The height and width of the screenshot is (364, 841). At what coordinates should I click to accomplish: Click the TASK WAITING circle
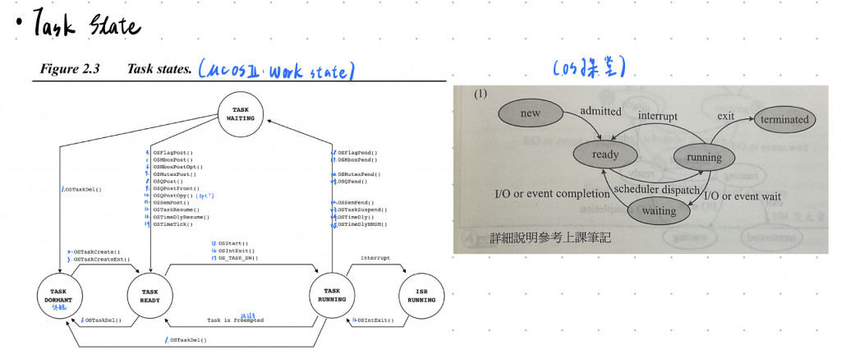(241, 114)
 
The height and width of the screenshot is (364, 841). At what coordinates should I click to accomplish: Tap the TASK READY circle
(149, 296)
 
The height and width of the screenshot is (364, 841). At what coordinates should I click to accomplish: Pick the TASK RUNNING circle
(332, 296)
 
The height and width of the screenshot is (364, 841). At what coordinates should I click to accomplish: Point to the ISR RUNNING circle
(421, 296)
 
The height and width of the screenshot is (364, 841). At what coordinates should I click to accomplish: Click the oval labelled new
(531, 113)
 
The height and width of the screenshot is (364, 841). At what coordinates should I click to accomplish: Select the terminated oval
(784, 120)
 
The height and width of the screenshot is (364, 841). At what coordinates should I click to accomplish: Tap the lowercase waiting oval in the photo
(659, 210)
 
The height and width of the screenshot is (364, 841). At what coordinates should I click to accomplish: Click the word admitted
(600, 110)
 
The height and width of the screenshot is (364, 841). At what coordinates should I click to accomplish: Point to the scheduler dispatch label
(657, 190)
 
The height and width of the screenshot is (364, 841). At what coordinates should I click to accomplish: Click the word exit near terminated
(725, 116)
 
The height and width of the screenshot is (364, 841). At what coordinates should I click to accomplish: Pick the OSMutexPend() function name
(360, 174)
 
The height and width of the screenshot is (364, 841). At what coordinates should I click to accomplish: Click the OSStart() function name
(233, 244)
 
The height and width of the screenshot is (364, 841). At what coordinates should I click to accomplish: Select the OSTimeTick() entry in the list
(174, 224)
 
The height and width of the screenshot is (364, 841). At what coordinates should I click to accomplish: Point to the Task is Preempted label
(235, 320)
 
